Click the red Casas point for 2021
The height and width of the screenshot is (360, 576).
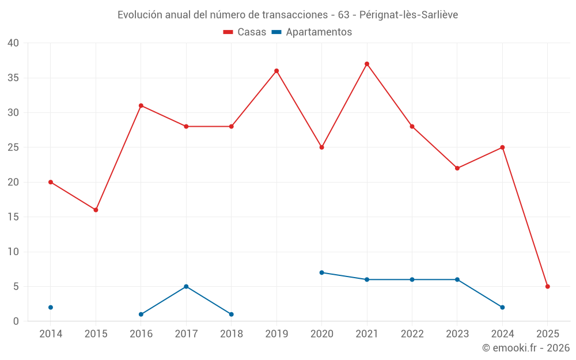(367, 64)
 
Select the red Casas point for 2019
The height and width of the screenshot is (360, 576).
(276, 71)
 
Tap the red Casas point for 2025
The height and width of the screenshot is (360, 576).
(548, 286)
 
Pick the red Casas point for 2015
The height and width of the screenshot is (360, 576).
(96, 210)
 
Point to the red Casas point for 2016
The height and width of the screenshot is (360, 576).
(141, 105)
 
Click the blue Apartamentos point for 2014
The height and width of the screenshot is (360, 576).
(51, 308)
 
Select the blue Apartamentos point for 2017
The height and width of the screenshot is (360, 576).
(186, 286)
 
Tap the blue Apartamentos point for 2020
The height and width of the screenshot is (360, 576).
(321, 272)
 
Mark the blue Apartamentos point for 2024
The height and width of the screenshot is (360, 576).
(502, 308)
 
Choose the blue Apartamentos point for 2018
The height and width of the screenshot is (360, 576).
(232, 314)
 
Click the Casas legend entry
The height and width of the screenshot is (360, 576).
(245, 32)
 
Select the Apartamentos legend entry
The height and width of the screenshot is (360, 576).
(312, 32)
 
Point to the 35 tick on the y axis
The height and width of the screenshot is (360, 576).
(13, 78)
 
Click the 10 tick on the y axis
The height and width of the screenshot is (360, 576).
(13, 252)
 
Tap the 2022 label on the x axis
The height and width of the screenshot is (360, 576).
(412, 334)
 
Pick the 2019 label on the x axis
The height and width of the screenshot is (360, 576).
(276, 334)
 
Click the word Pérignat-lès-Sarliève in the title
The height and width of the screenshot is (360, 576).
(408, 15)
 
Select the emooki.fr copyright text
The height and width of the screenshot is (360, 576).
(525, 348)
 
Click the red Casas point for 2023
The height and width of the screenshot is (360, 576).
(457, 168)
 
